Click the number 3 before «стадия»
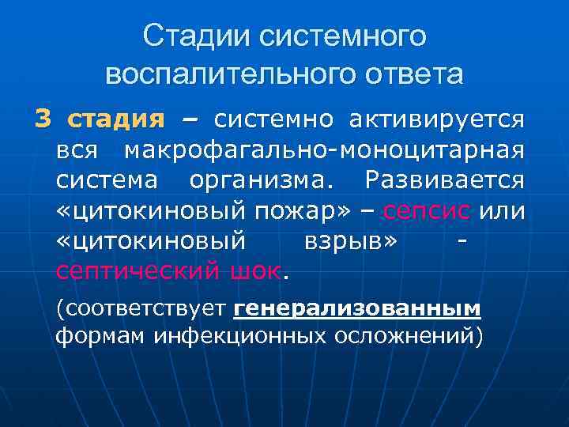[43, 119]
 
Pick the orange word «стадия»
[115, 120]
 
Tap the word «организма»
[261, 180]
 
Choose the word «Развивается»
[444, 180]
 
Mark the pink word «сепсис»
[427, 211]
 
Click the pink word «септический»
[138, 271]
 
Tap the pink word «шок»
[256, 271]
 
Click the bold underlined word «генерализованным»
[357, 308]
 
